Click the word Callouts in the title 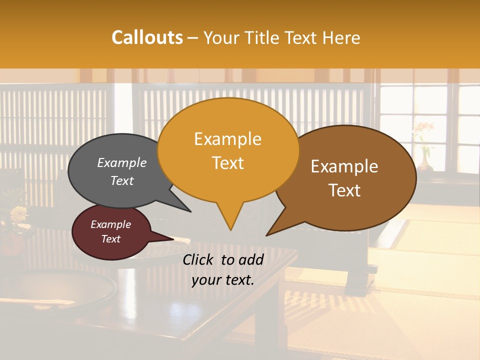coord(147,37)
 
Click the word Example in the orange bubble coord(227,139)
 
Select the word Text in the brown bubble coord(345,190)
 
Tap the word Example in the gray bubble coord(122,163)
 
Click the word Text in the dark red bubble coord(111,239)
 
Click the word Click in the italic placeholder coord(198,259)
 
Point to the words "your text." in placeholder coord(223,280)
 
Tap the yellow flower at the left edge coord(19,214)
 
